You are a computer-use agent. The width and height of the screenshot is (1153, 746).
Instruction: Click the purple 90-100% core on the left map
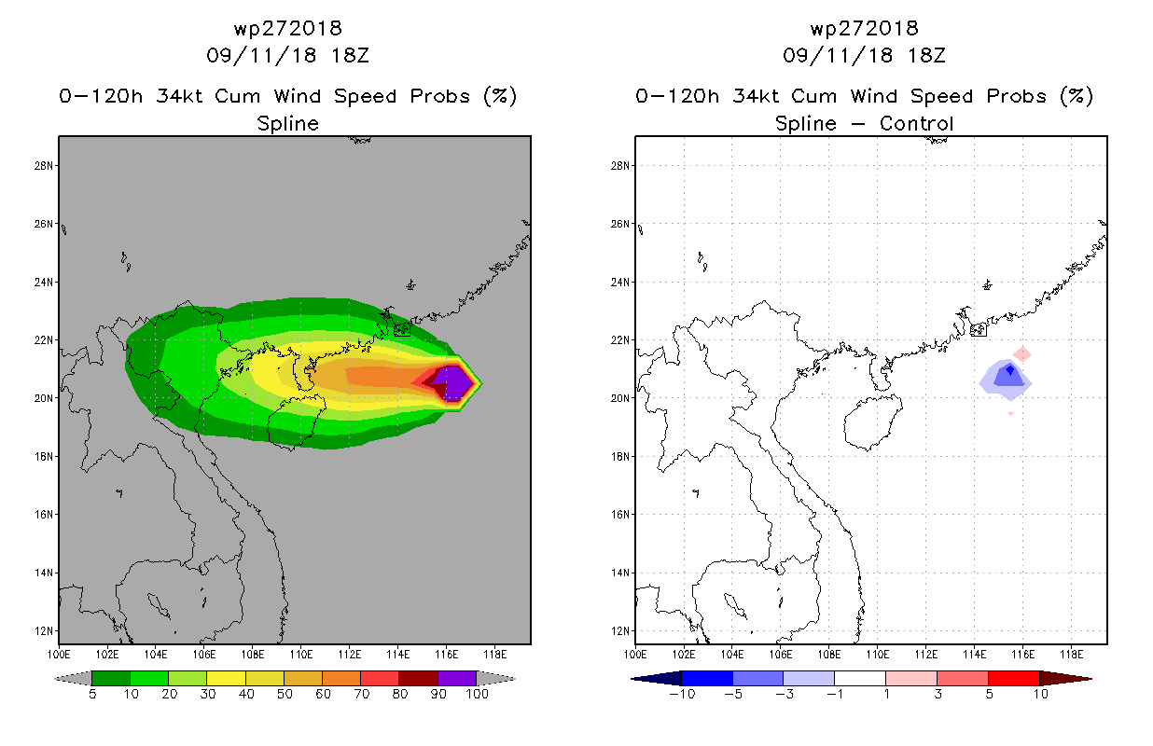pyautogui.click(x=453, y=383)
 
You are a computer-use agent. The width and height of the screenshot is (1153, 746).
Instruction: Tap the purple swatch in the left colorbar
pyautogui.click(x=457, y=678)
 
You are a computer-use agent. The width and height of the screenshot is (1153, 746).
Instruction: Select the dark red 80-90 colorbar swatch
pyautogui.click(x=419, y=678)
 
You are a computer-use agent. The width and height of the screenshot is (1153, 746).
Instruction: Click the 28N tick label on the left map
pyautogui.click(x=43, y=166)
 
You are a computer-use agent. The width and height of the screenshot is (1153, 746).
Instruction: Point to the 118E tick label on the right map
pyautogui.click(x=1071, y=655)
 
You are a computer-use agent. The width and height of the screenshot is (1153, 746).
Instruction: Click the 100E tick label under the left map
pyautogui.click(x=59, y=655)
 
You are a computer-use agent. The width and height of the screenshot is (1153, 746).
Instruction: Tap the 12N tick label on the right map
pyautogui.click(x=619, y=630)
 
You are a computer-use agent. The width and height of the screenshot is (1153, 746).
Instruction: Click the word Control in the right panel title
pyautogui.click(x=916, y=123)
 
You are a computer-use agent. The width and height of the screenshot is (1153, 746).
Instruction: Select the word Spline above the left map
pyautogui.click(x=287, y=124)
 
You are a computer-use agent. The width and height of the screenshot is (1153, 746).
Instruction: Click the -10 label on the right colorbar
pyautogui.click(x=682, y=694)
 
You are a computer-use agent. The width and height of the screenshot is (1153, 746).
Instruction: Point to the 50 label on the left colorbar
pyautogui.click(x=285, y=694)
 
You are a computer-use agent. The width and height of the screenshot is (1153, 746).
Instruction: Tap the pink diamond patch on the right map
pyautogui.click(x=1021, y=354)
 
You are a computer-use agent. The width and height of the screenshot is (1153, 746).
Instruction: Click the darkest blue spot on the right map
pyautogui.click(x=1010, y=370)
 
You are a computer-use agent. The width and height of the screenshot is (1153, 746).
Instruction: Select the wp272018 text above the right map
pyautogui.click(x=864, y=29)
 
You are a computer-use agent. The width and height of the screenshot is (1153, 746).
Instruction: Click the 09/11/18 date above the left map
pyautogui.click(x=261, y=55)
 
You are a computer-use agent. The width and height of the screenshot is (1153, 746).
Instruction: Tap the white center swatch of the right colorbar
pyautogui.click(x=860, y=678)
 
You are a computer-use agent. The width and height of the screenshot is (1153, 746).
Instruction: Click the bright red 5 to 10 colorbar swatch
pyautogui.click(x=1013, y=678)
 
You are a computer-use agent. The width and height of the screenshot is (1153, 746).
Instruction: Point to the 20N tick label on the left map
pyautogui.click(x=43, y=398)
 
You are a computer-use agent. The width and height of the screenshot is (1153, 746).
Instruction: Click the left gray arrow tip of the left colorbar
pyautogui.click(x=55, y=679)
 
